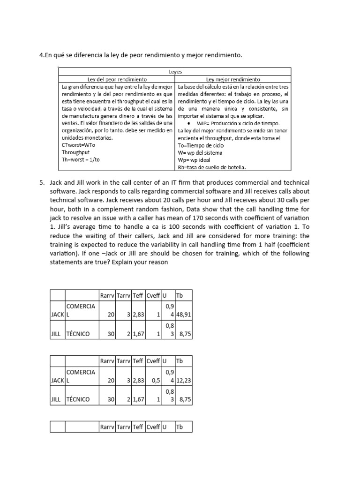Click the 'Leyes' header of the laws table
[x=175, y=72]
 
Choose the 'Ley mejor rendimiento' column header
[x=233, y=79]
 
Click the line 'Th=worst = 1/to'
[x=81, y=160]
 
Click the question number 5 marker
[x=42, y=182]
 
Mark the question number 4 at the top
[x=41, y=55]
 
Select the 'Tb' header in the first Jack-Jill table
[x=179, y=295]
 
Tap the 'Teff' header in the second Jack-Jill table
[x=138, y=361]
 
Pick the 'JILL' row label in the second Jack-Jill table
[x=57, y=400]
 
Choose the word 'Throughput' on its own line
[x=75, y=153]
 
